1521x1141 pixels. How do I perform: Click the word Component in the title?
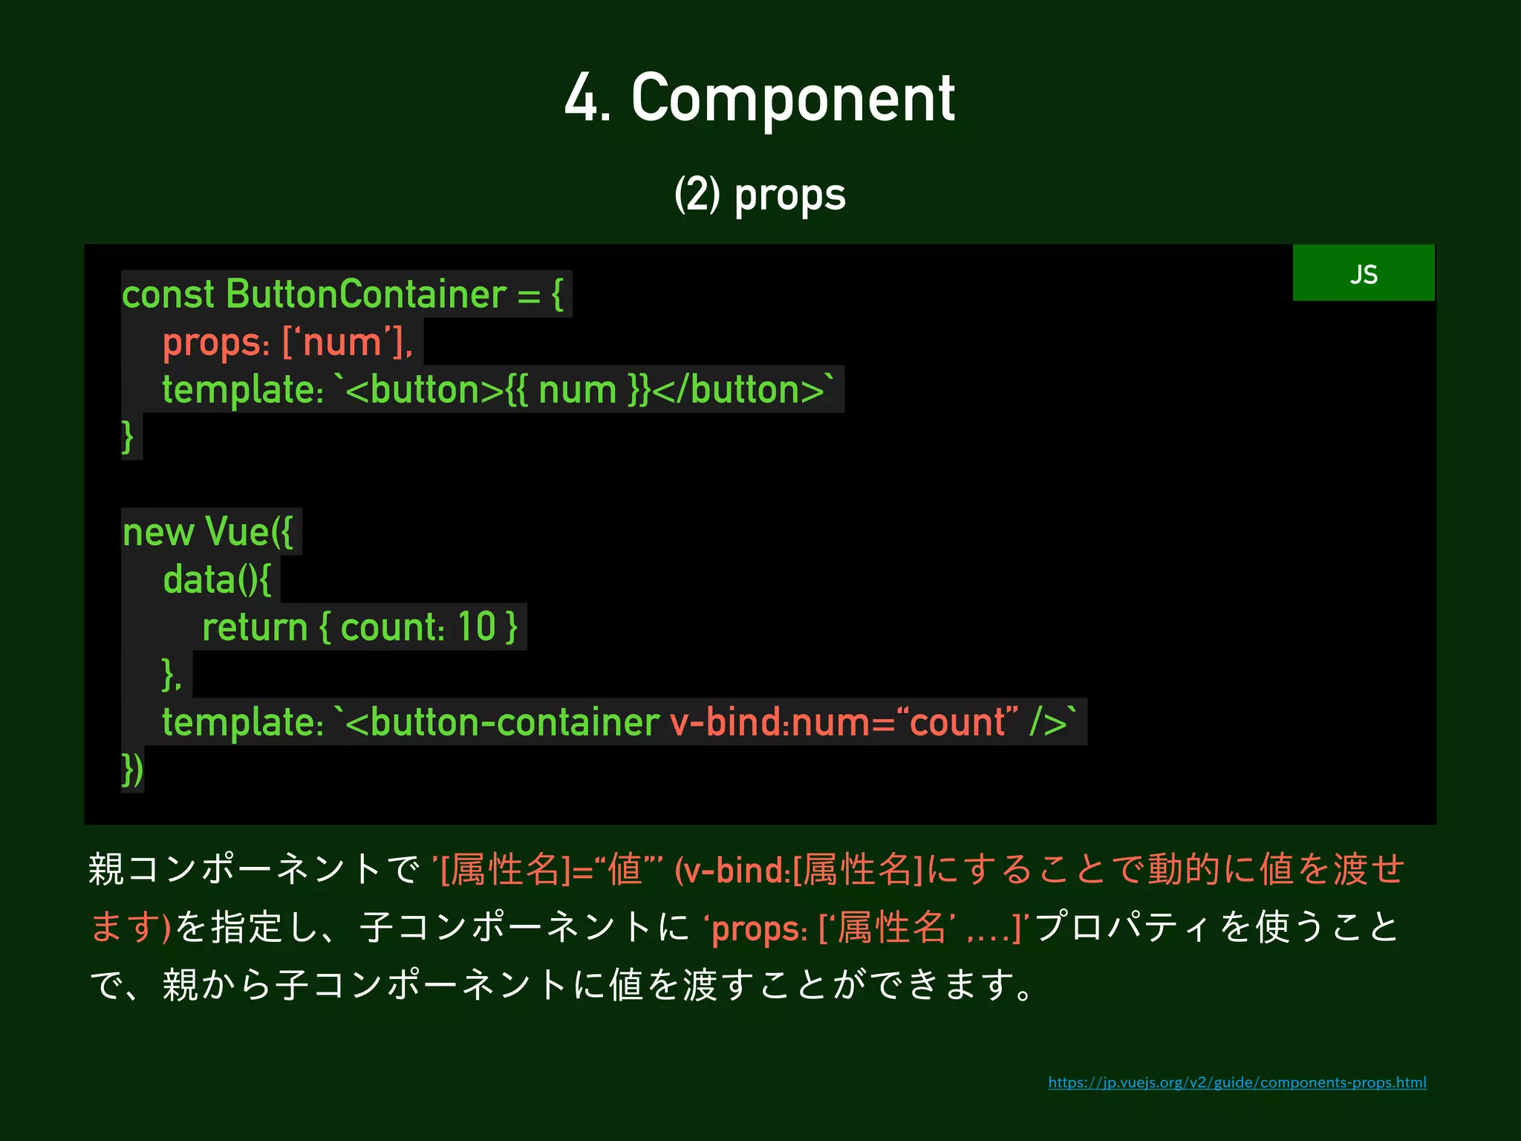click(792, 99)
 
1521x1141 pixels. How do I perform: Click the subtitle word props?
click(789, 195)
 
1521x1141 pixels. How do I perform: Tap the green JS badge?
click(1363, 273)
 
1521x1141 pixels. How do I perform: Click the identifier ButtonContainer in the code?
click(365, 294)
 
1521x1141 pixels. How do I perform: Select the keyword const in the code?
click(168, 294)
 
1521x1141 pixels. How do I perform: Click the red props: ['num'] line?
click(287, 342)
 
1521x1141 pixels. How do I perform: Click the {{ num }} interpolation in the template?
click(578, 390)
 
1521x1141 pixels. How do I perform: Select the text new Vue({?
click(208, 533)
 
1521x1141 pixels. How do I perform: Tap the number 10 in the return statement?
click(476, 627)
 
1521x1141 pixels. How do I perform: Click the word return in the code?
click(255, 627)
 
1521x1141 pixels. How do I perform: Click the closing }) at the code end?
click(132, 770)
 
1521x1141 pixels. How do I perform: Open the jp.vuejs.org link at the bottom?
click(1237, 1082)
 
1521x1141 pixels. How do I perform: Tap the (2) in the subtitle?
click(697, 195)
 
